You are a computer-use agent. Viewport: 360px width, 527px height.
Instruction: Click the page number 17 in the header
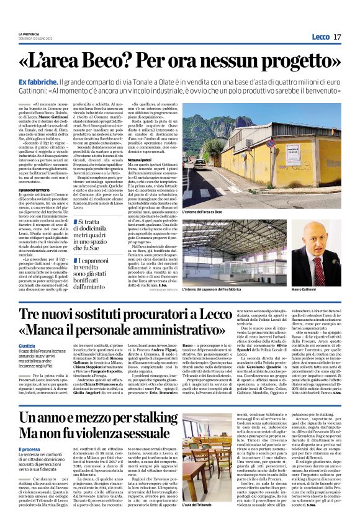tap(337, 37)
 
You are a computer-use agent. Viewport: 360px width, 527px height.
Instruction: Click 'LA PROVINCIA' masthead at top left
tap(29, 34)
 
